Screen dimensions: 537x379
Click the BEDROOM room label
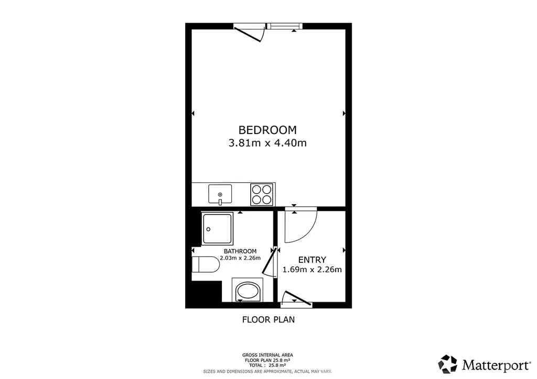(267, 130)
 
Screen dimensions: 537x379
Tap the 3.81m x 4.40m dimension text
(267, 143)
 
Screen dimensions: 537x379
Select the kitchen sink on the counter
(220, 194)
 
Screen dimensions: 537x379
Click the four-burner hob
(262, 194)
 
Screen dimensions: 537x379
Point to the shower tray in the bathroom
(217, 228)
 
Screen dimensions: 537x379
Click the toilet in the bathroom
(206, 264)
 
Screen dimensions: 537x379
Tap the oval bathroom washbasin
(248, 291)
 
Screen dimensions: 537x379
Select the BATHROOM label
(240, 251)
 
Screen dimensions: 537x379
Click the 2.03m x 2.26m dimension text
(240, 258)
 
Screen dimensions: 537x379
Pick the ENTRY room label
(312, 260)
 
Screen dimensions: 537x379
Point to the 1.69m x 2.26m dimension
(312, 270)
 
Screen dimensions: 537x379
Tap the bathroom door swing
(270, 263)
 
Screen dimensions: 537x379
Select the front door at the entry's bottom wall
(296, 298)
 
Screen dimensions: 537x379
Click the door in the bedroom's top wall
(250, 33)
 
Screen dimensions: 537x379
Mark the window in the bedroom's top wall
(284, 26)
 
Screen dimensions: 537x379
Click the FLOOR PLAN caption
(268, 319)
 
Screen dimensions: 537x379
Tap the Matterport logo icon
(448, 364)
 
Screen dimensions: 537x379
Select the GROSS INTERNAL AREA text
(267, 355)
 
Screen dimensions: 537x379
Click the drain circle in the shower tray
(208, 229)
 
